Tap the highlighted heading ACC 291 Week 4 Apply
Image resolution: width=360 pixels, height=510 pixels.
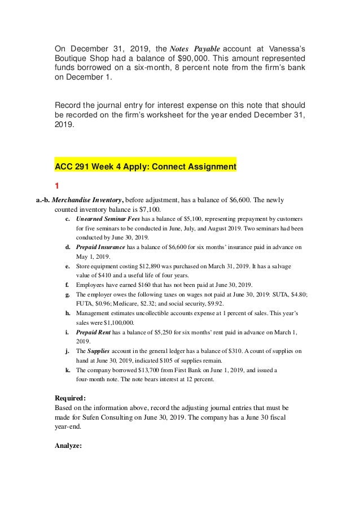pos(145,167)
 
